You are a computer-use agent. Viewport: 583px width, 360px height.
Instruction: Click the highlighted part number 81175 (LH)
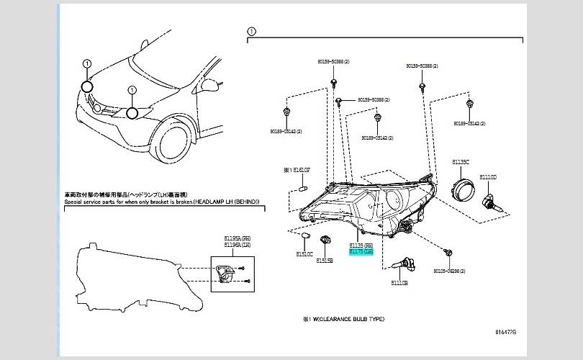361,251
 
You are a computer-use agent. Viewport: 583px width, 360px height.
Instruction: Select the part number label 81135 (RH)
361,246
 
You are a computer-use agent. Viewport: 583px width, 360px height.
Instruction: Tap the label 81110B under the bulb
399,283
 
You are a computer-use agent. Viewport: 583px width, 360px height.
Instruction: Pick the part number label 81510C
304,253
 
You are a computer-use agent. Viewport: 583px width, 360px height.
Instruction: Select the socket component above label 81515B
325,240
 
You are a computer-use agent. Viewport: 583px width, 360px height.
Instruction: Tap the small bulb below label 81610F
303,187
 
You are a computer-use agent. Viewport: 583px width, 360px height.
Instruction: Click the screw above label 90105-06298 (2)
449,253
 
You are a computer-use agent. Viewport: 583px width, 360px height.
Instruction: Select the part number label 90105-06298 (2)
449,271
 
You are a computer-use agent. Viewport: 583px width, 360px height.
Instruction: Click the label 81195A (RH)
236,238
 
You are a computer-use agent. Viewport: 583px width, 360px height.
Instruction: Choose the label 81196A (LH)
236,245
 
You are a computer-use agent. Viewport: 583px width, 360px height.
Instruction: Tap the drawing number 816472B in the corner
505,332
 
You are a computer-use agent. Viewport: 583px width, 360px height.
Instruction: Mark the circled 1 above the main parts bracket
250,32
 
